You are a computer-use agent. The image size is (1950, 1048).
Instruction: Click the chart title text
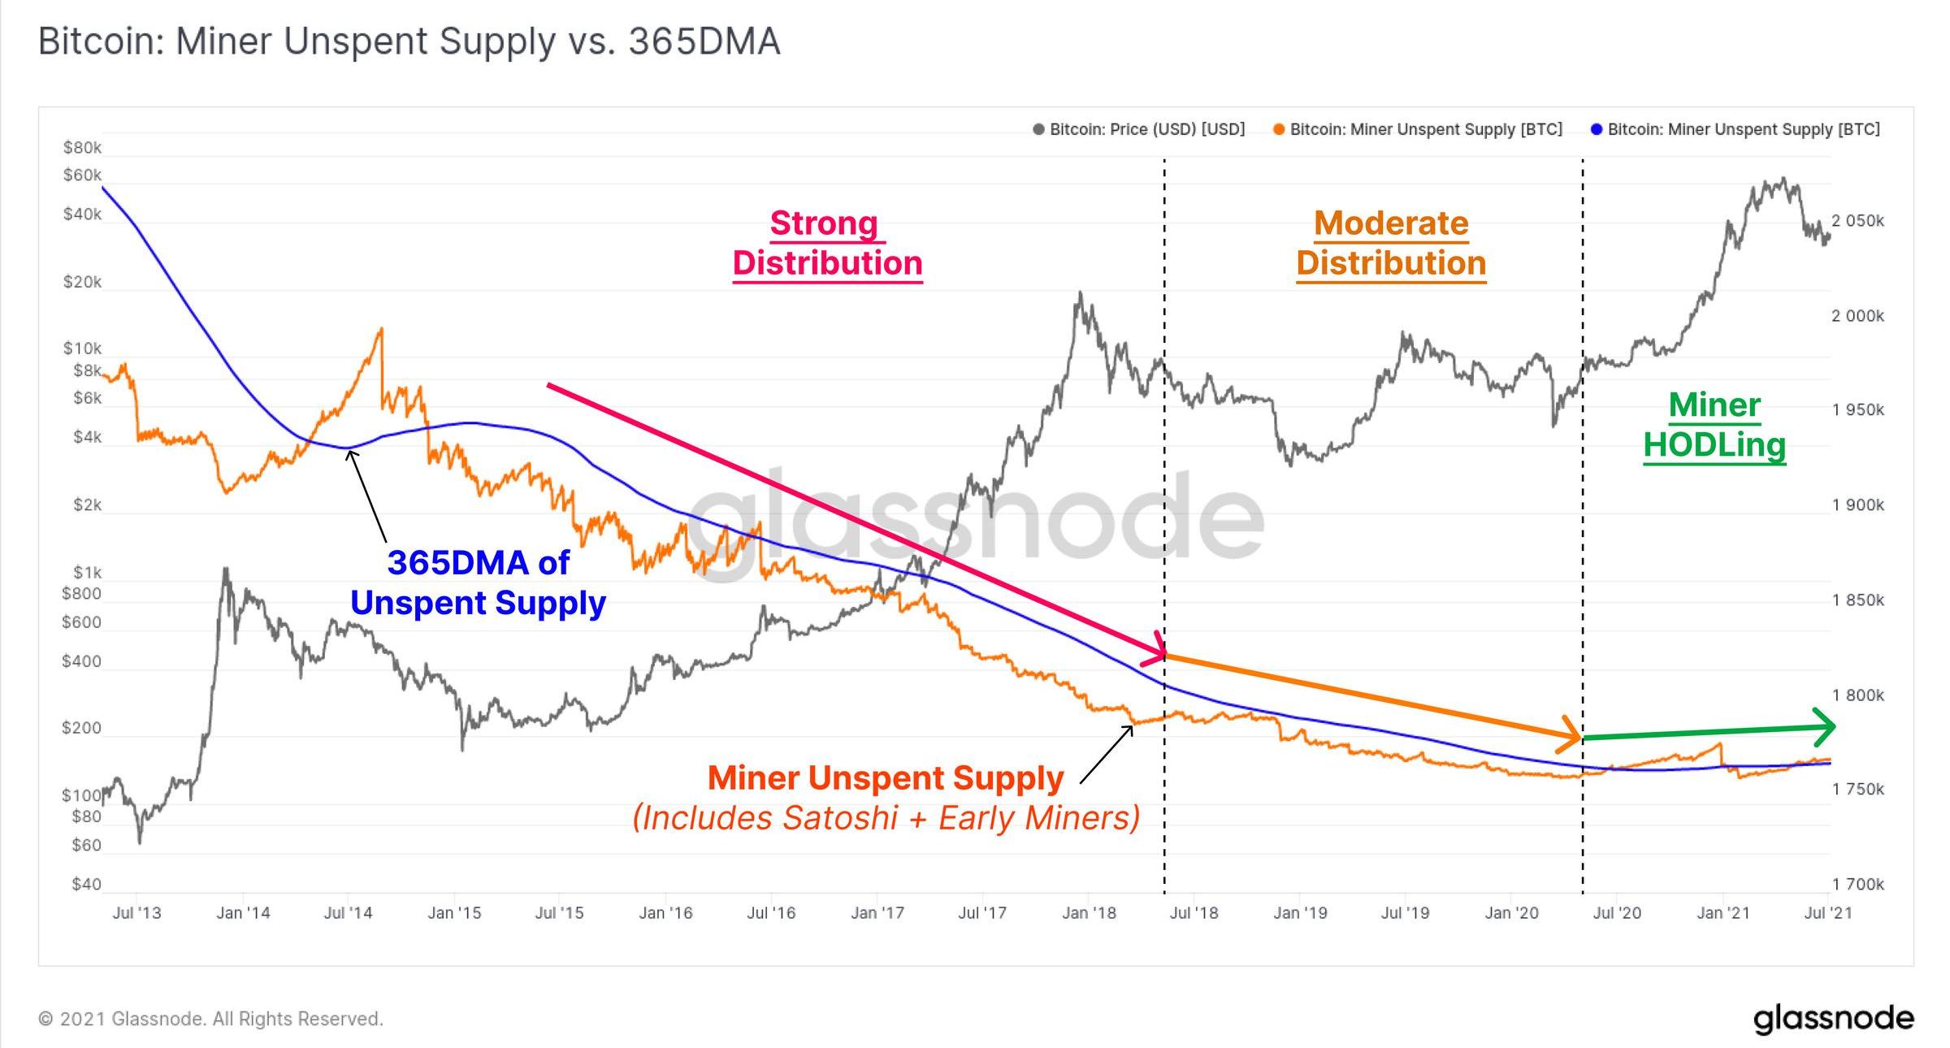(409, 41)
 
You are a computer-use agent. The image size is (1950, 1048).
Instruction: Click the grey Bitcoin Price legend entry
(1139, 130)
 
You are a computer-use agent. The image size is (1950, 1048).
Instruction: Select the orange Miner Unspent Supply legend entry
(1418, 130)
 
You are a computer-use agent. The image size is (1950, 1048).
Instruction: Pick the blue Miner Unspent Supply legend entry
(1735, 130)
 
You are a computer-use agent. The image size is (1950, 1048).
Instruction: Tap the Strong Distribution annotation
(827, 243)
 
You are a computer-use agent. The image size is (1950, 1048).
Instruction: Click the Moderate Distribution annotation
(1391, 243)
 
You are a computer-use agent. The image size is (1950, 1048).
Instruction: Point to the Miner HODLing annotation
(1714, 425)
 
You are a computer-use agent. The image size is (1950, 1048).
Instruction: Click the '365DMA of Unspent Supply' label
(479, 582)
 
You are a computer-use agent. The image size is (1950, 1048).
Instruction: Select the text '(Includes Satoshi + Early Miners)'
(886, 818)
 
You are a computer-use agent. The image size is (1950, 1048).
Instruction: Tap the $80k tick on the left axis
(83, 148)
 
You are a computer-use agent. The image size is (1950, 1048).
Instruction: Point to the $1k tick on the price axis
(87, 573)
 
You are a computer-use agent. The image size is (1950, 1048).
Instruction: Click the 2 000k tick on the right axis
(1857, 316)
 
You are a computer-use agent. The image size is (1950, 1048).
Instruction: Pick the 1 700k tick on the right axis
(1857, 884)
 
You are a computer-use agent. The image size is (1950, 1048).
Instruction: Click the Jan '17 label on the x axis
(877, 913)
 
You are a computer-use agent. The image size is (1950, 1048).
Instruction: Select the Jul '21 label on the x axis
(1828, 913)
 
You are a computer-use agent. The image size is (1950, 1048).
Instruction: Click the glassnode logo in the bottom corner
(1833, 1019)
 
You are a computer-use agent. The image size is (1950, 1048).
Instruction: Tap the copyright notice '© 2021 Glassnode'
(210, 1019)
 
